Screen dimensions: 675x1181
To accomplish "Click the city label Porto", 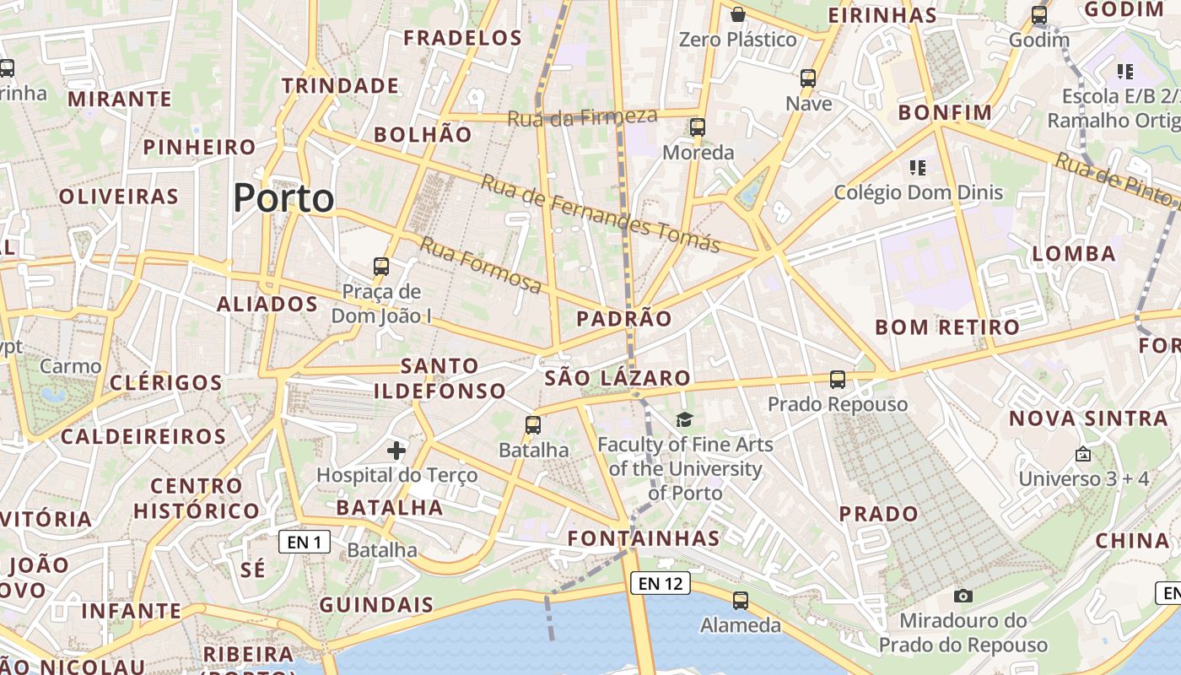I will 283,198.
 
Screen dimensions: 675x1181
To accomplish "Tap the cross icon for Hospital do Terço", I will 396,451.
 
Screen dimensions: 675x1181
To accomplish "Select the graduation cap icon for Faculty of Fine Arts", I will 684,419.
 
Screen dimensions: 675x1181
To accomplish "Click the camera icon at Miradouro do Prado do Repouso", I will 963,596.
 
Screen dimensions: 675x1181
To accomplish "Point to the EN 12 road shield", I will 660,583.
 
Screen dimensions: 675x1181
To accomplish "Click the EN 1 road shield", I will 305,542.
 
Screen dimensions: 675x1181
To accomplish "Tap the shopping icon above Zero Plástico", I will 738,14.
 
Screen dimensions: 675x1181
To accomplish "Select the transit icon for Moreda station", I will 698,127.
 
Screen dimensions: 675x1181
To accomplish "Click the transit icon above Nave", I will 808,78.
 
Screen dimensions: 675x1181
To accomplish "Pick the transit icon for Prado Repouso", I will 837,380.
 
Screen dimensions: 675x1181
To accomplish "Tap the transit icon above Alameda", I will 741,601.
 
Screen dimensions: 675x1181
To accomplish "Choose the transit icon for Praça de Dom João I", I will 381,267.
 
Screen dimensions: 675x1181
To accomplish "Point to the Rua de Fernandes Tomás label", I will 601,213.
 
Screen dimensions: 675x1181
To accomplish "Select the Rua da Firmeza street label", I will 582,116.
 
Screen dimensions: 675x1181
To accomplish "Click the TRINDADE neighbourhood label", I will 341,86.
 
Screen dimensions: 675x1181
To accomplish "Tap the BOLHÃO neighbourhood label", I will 423,134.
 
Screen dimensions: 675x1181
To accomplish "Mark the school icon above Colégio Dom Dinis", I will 918,168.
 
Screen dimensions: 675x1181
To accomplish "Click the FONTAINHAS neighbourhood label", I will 644,538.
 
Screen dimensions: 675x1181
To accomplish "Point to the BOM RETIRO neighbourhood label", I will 947,327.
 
